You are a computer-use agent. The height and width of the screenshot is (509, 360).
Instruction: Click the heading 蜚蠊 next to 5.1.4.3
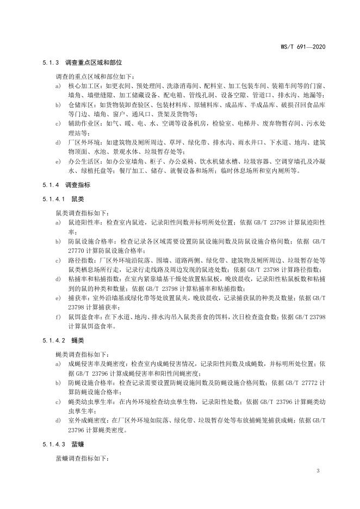click(x=77, y=445)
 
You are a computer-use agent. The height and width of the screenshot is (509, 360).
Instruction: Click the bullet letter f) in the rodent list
click(x=57, y=316)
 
